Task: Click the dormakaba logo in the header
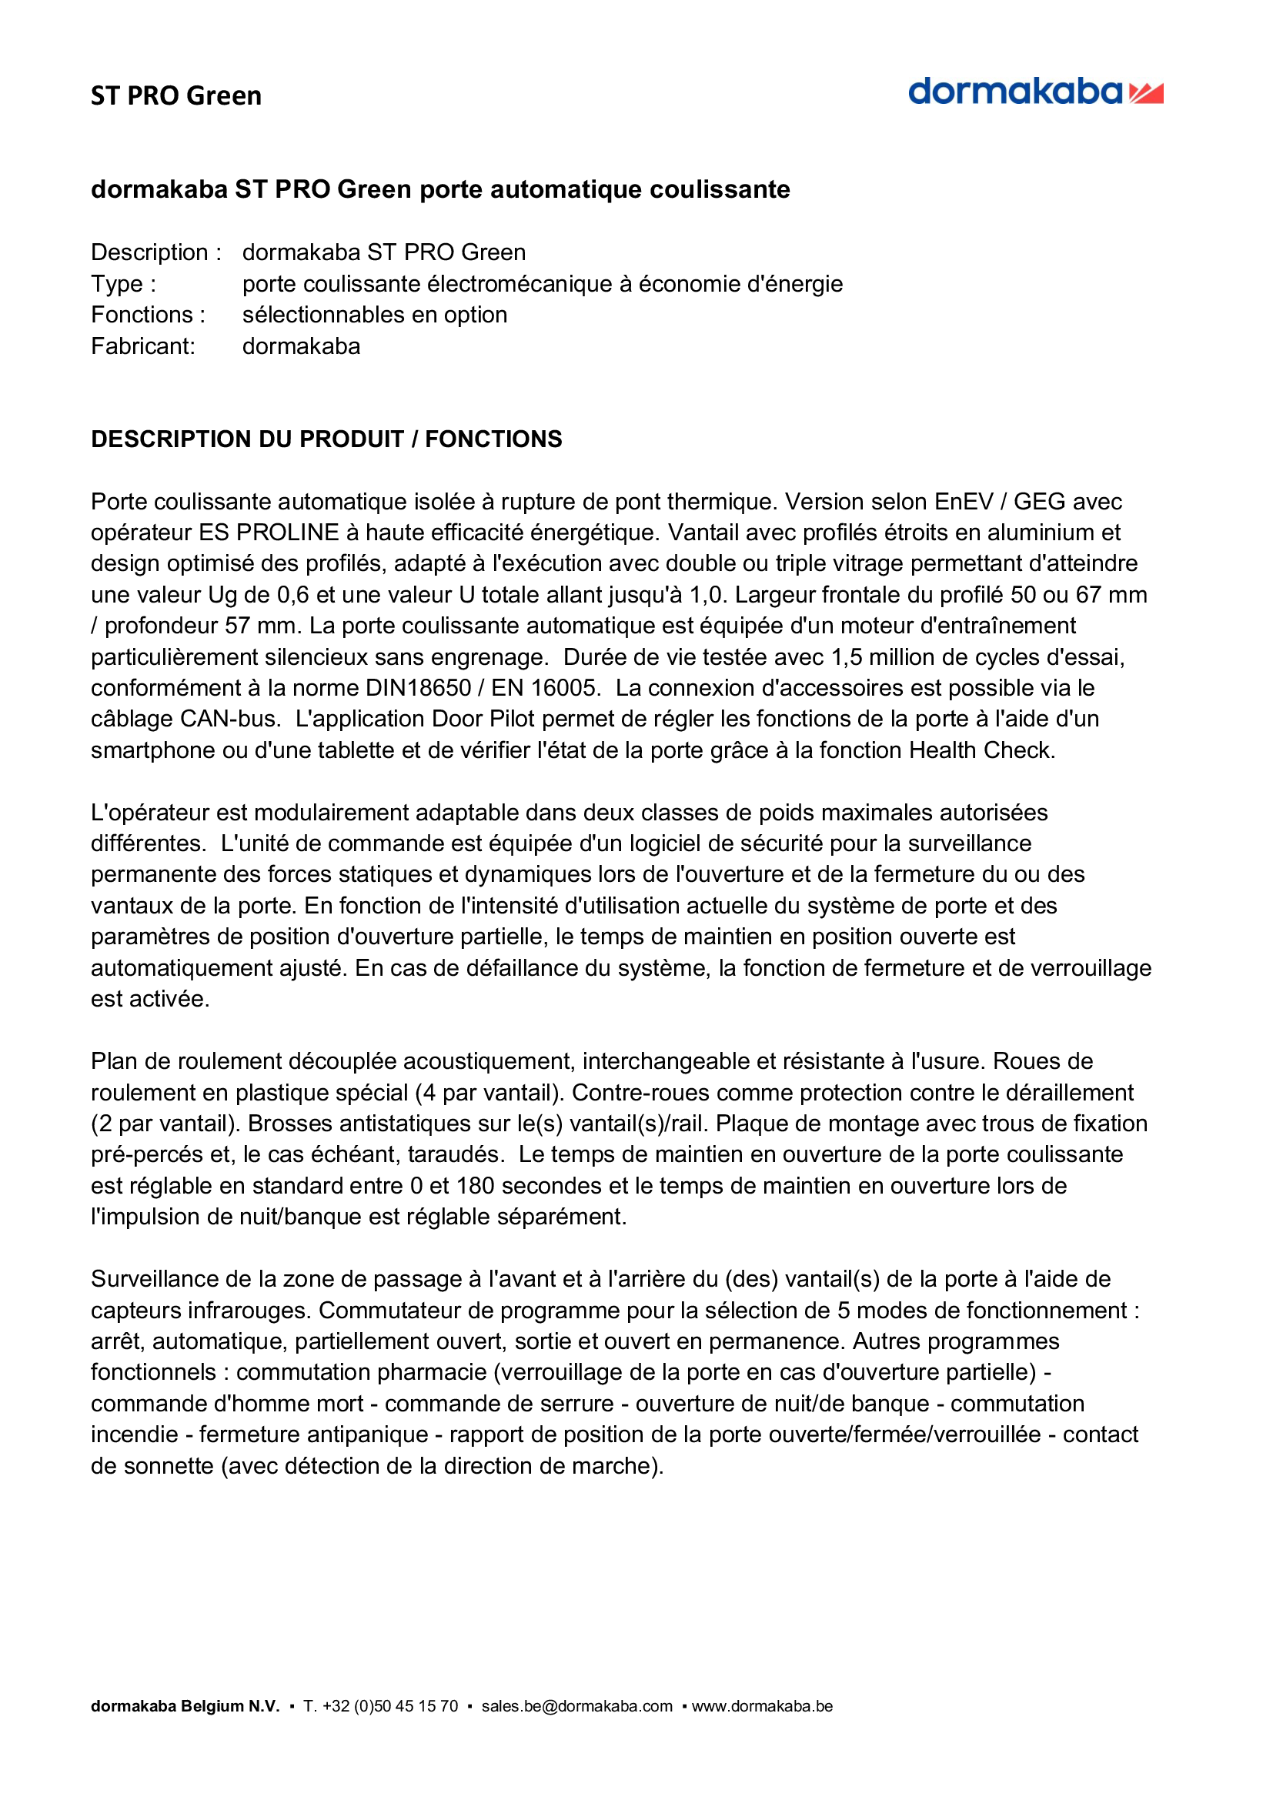1034,92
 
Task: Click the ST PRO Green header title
176,95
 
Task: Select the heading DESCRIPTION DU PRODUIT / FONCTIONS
326,439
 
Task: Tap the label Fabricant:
142,346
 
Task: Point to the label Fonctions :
148,315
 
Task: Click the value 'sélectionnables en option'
375,315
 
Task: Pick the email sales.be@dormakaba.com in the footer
577,1706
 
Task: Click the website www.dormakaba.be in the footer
762,1706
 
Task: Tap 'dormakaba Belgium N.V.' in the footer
185,1706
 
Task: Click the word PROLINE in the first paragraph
288,533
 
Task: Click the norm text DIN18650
418,687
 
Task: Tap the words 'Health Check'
981,750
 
